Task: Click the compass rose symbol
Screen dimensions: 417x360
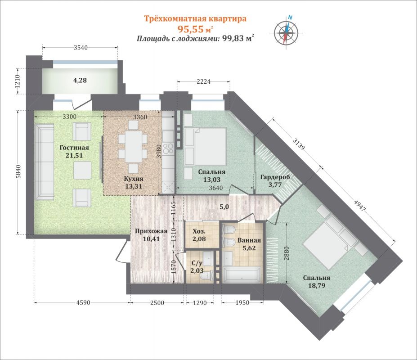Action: coord(287,32)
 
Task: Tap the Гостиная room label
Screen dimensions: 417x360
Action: coord(74,148)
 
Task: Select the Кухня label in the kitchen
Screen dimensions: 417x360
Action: coord(134,179)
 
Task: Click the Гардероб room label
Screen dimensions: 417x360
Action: coord(275,177)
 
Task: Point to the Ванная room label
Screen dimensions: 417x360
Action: coord(249,241)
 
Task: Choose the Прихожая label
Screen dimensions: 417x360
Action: coord(151,231)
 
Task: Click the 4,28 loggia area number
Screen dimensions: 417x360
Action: coord(80,80)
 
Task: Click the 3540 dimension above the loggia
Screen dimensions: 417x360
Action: coord(81,48)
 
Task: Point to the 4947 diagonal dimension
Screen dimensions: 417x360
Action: coord(360,205)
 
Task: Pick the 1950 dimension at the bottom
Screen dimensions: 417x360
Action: coord(242,302)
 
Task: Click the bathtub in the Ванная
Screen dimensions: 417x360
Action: coord(242,275)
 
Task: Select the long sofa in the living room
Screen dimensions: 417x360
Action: coord(45,162)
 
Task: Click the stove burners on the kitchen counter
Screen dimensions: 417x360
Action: coord(168,148)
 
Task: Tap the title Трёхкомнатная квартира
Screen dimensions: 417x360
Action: coord(195,18)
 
